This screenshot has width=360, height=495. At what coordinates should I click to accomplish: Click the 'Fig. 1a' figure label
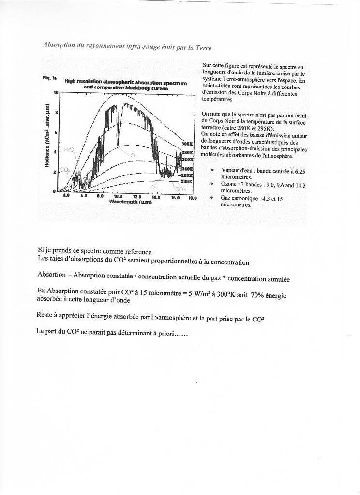pyautogui.click(x=49, y=78)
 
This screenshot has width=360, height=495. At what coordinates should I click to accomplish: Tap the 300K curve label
pyautogui.click(x=187, y=144)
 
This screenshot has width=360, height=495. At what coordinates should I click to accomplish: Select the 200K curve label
pyautogui.click(x=187, y=181)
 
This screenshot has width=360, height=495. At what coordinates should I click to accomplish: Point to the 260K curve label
pyautogui.click(x=187, y=159)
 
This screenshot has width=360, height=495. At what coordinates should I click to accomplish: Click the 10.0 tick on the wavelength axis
pyautogui.click(x=118, y=197)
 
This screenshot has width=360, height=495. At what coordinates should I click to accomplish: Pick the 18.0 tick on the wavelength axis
pyautogui.click(x=193, y=197)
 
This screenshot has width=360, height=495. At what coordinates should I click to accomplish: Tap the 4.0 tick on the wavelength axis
pyautogui.click(x=66, y=196)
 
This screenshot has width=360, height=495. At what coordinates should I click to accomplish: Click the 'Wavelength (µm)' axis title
pyautogui.click(x=130, y=202)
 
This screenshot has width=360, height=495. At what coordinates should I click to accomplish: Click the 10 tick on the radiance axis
pyautogui.click(x=56, y=92)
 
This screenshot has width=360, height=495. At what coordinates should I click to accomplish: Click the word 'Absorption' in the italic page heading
pyautogui.click(x=57, y=45)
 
